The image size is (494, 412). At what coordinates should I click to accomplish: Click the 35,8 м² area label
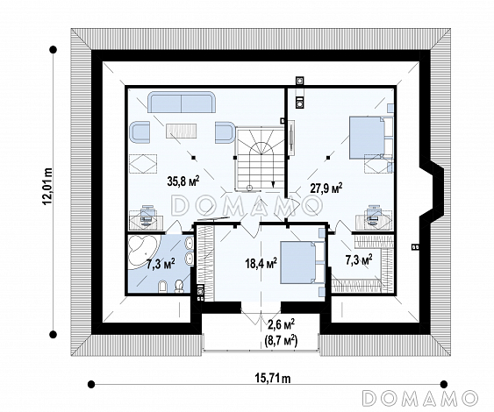(183, 181)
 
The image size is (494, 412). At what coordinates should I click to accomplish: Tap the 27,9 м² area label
(326, 188)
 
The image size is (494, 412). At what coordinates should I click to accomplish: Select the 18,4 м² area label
(261, 263)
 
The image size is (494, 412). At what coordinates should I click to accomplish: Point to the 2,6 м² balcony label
(282, 324)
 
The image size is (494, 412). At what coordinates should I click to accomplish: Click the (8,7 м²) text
(282, 340)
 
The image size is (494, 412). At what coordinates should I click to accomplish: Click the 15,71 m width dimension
(273, 379)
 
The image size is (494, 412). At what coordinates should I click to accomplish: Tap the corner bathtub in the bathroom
(142, 249)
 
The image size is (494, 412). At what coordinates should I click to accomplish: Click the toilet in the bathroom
(179, 286)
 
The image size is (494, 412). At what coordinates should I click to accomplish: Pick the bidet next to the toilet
(162, 286)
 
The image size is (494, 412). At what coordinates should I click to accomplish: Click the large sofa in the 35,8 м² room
(182, 103)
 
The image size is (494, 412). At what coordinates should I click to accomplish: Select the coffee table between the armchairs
(181, 131)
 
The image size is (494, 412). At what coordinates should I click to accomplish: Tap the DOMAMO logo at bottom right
(419, 397)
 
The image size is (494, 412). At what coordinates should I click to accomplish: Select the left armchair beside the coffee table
(140, 132)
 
